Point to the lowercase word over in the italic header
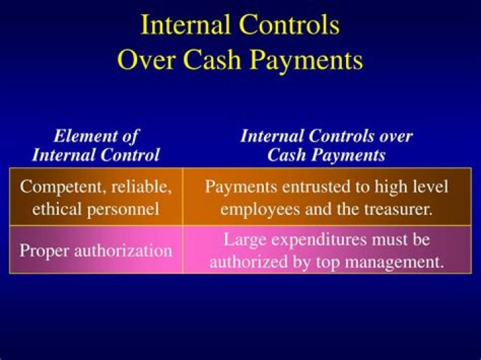pyautogui.click(x=396, y=136)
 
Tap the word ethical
pyautogui.click(x=57, y=208)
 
